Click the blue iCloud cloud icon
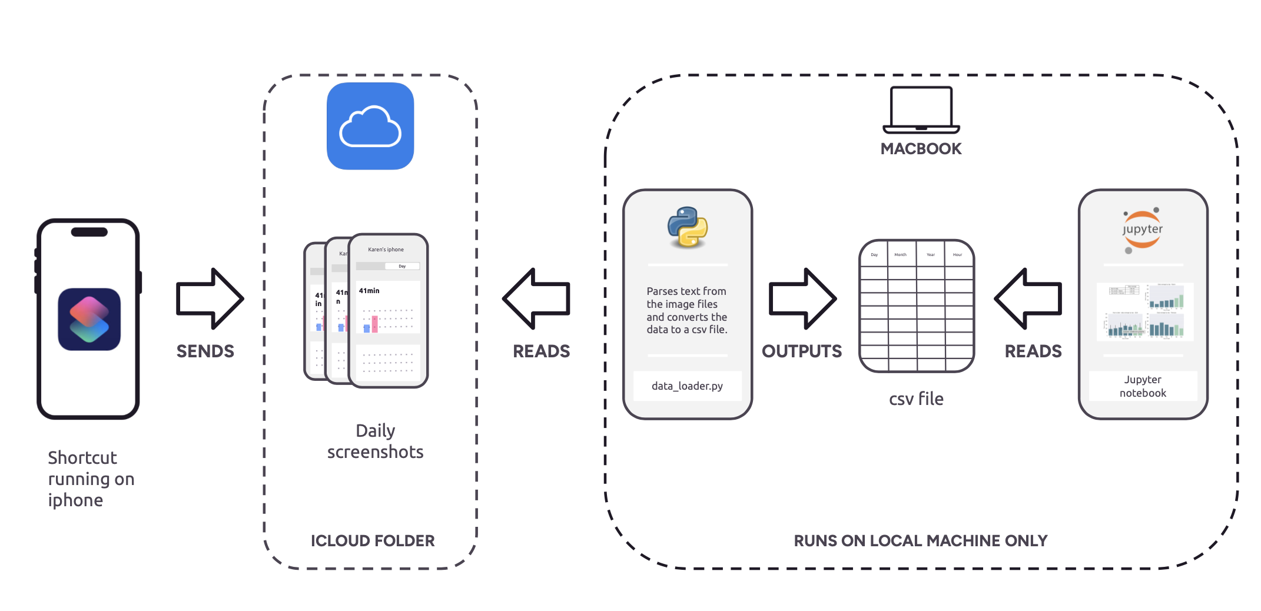point(370,126)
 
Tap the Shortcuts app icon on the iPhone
point(89,319)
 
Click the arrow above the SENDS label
point(210,298)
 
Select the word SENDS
point(205,351)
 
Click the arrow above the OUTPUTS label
point(802,298)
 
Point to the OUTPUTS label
point(802,351)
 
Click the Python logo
point(688,227)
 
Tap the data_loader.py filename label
point(687,386)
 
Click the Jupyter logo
point(1142,230)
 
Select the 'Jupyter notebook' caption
point(1143,386)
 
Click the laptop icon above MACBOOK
point(921,110)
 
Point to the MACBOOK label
point(921,149)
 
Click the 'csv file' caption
point(916,399)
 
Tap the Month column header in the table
point(901,255)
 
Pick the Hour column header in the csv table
point(957,255)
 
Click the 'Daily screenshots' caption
point(376,441)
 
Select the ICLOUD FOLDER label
point(373,541)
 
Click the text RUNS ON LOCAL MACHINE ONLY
point(921,541)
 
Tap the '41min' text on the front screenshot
point(369,291)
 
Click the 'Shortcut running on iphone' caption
point(91,479)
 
